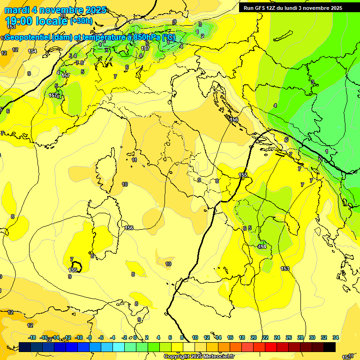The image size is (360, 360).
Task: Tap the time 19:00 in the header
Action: point(19,21)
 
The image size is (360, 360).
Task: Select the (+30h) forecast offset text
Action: point(81,21)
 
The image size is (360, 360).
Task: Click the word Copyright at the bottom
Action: point(176,357)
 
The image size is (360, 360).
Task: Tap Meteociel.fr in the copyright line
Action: point(218,357)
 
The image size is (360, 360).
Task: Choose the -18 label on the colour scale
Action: point(32,337)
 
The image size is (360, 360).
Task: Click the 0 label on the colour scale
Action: point(135,337)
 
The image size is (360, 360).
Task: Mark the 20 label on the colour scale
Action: point(254,337)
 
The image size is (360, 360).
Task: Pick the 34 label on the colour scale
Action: point(336,337)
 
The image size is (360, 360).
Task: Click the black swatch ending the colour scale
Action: point(329,347)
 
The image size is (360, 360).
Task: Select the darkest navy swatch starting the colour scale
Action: point(25,347)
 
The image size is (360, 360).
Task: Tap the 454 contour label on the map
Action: point(262,247)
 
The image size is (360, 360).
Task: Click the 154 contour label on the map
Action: point(32,52)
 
